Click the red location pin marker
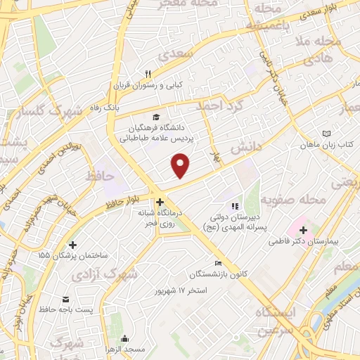coord(181,166)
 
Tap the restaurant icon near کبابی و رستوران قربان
coord(148,74)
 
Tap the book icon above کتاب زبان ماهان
coord(326,134)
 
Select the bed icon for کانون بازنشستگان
coord(218,263)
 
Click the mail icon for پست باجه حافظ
coord(65,299)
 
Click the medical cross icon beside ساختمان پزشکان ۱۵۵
coord(72,244)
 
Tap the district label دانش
coord(250,146)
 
